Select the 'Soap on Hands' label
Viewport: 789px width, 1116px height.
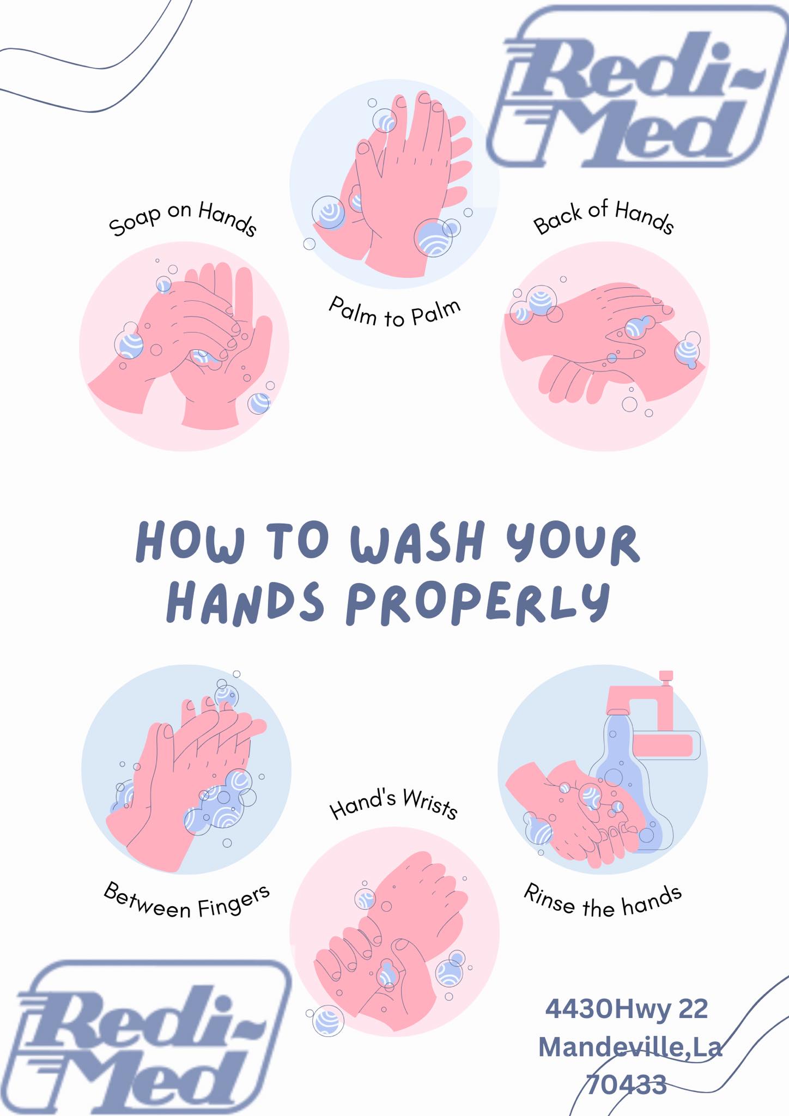pyautogui.click(x=183, y=219)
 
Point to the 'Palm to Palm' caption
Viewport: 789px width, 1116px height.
pyautogui.click(x=394, y=312)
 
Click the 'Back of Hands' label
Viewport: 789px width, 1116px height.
pyautogui.click(x=604, y=217)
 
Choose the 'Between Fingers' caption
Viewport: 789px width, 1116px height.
pyautogui.click(x=187, y=900)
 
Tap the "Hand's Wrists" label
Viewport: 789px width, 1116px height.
pyautogui.click(x=393, y=803)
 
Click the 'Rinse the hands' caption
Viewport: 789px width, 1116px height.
pyautogui.click(x=603, y=900)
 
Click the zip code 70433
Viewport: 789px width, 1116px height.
pyautogui.click(x=626, y=1084)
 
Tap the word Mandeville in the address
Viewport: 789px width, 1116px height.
pyautogui.click(x=610, y=1047)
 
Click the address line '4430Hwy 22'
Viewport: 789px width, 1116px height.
pyautogui.click(x=627, y=1009)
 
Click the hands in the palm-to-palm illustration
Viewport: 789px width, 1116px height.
pyautogui.click(x=392, y=185)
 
